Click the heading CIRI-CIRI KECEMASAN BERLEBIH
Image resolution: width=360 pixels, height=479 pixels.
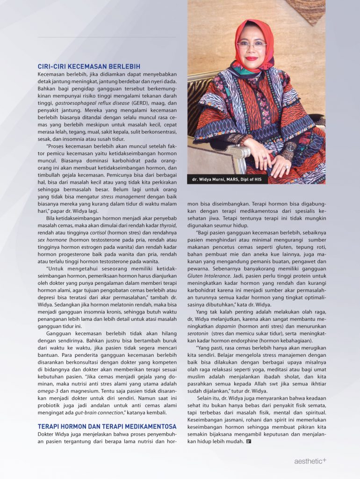89,66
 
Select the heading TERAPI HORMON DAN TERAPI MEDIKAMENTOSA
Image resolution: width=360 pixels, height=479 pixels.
107,426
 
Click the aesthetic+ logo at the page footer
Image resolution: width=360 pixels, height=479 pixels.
310,461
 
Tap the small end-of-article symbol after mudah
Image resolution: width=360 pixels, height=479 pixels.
248,442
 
